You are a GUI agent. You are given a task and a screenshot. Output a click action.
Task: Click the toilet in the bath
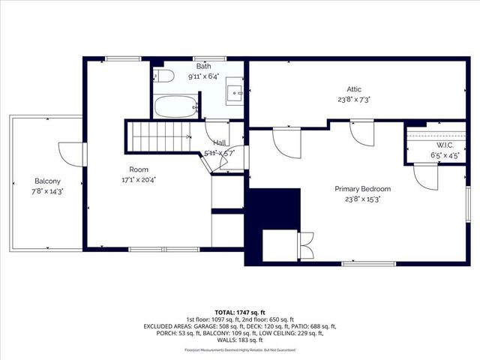(165, 75)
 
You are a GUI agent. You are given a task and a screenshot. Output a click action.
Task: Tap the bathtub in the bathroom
(176, 106)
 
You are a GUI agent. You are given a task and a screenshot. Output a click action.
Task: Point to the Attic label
(355, 88)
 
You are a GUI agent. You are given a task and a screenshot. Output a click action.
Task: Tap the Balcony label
(47, 181)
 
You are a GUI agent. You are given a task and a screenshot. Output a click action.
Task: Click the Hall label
(219, 142)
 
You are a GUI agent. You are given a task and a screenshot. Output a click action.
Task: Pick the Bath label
(203, 65)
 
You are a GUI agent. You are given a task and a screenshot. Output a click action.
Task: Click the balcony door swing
(69, 154)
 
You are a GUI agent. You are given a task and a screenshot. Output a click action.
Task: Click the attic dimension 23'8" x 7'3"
(355, 98)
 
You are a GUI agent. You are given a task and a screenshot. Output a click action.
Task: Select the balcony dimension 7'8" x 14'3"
(47, 191)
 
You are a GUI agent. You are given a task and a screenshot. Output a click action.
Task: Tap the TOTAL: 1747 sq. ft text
(239, 312)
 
